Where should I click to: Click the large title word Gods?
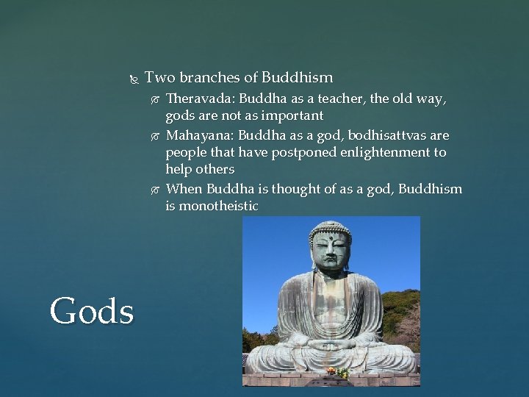point(93,310)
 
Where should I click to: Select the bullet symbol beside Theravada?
point(154,99)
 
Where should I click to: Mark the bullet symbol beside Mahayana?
point(154,136)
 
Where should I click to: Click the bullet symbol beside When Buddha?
point(154,189)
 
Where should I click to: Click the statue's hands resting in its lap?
point(331,343)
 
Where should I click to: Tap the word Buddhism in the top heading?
point(298,78)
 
